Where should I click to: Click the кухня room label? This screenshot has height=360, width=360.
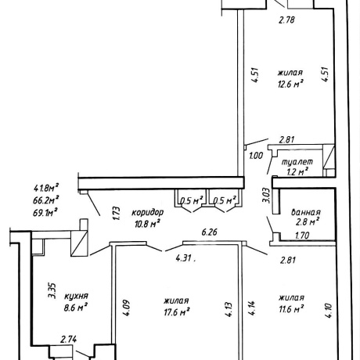(76, 297)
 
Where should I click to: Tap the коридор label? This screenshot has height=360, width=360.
(147, 212)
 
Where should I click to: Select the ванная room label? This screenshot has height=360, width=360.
(306, 212)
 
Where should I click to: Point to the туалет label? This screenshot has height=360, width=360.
(297, 162)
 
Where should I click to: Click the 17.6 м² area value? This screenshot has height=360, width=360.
(177, 311)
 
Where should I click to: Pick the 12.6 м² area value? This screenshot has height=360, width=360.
(290, 84)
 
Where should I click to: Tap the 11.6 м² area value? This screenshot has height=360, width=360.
(291, 309)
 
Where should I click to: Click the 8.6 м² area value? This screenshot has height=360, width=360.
(75, 308)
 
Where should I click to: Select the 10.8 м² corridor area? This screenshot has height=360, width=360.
(147, 224)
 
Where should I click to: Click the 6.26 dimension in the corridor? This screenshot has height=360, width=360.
(210, 232)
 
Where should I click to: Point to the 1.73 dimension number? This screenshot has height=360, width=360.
(117, 214)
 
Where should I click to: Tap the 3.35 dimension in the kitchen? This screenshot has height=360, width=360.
(52, 290)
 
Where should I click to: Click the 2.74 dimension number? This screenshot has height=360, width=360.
(68, 340)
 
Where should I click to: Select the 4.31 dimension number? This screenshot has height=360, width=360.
(185, 258)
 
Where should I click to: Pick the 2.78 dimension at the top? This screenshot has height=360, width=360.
(286, 20)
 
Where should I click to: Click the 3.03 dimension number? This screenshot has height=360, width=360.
(265, 195)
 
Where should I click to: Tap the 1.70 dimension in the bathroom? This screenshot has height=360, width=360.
(302, 236)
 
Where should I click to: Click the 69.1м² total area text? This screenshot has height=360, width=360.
(45, 212)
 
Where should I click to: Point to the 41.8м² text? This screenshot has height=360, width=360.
(46, 188)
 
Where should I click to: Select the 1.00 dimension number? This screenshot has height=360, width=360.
(256, 156)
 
